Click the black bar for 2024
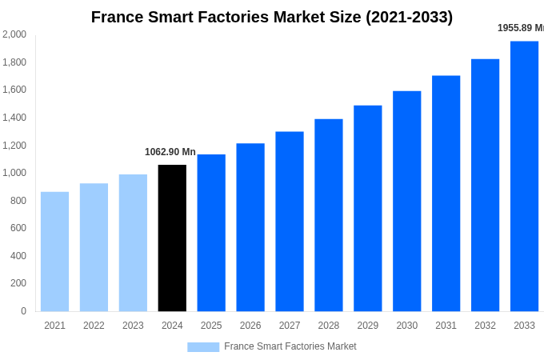coord(172,238)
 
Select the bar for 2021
coord(54,251)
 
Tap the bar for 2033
coord(524,176)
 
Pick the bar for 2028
coord(328,215)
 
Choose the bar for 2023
coord(133,242)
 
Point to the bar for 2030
coord(406,201)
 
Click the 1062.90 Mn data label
coord(170,152)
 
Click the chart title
coord(272,17)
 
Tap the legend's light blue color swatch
coord(203,346)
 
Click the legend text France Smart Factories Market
coord(290,346)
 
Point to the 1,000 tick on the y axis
coord(14,173)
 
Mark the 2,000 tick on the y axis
coord(14,34)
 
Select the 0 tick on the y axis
coord(23,311)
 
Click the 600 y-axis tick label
coord(18,228)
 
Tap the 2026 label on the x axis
coord(250,326)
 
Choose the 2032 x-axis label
coord(485,326)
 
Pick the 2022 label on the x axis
coord(94,326)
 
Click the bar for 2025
coord(211,233)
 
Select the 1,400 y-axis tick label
coord(14,118)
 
